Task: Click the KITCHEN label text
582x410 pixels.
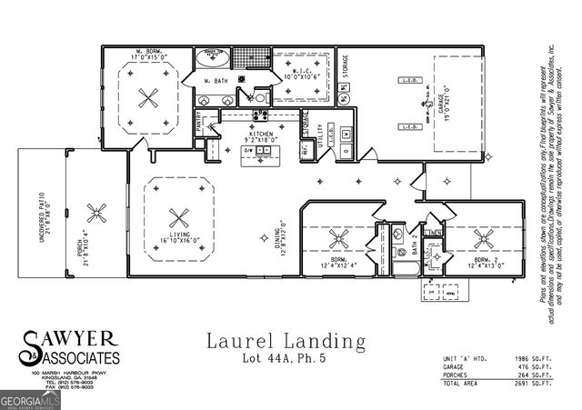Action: click(261, 132)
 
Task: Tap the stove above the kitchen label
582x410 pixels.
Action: click(260, 115)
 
